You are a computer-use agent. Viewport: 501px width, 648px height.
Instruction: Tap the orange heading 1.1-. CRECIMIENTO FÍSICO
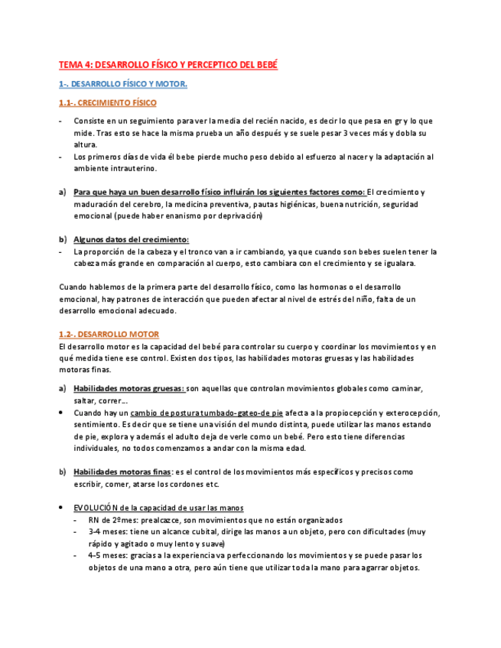tap(108, 102)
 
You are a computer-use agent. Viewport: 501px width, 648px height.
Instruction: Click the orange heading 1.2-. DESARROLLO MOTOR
tap(109, 334)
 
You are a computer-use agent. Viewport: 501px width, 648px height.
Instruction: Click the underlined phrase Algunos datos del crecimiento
tap(131, 239)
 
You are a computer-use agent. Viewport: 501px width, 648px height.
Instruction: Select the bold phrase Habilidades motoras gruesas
tap(129, 388)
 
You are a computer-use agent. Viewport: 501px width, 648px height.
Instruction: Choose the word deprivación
tap(235, 216)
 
